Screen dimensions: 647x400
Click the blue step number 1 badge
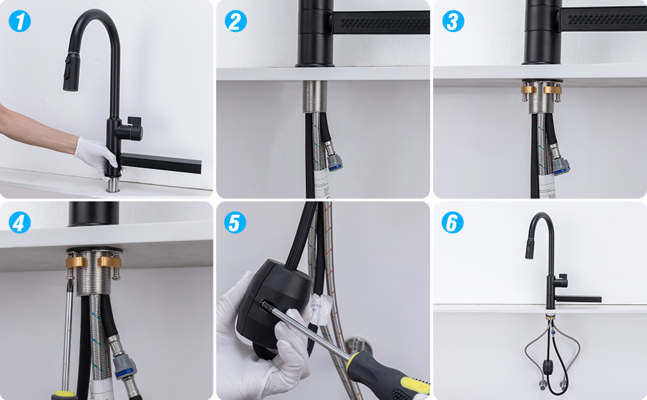coord(20,21)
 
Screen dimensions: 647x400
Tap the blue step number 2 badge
coord(235,21)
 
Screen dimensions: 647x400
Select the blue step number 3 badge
coord(453,21)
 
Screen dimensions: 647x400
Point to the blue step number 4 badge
coord(19,223)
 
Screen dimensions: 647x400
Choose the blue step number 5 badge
coord(235,223)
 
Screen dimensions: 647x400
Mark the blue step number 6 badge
coord(453,223)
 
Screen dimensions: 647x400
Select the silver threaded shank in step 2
coord(315,97)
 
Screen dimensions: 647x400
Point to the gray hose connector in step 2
coord(334,159)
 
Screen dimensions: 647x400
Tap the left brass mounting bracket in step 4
coord(75,261)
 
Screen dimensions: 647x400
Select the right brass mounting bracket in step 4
coord(109,261)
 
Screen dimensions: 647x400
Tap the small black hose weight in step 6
coord(549,366)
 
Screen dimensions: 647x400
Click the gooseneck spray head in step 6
coord(530,248)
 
